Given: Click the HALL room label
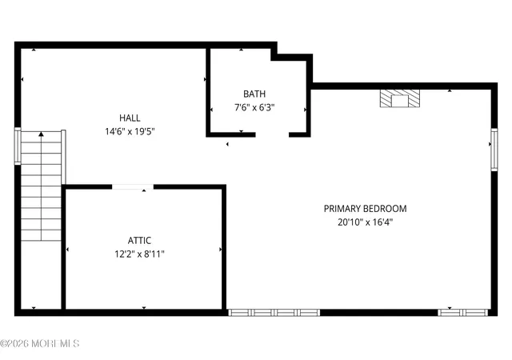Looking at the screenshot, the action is (x=130, y=118).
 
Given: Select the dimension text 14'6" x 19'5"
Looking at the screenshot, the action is (x=130, y=132).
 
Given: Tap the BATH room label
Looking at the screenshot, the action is (x=254, y=94).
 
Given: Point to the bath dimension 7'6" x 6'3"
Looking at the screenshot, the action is (x=254, y=107).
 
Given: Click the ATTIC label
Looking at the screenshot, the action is (x=139, y=241).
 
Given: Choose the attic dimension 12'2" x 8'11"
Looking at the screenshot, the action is (x=139, y=254).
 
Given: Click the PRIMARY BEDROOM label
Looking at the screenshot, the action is (x=365, y=209).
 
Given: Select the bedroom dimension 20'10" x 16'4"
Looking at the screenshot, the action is (x=365, y=222).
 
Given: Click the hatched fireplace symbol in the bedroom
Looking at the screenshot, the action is (x=400, y=98).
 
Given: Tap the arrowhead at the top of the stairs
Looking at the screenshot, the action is (x=41, y=134).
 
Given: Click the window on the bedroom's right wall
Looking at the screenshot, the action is (x=494, y=150).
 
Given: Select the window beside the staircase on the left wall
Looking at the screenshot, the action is (x=18, y=146).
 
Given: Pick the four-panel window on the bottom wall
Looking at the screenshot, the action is (x=274, y=313).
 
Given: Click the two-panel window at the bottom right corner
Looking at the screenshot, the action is (x=462, y=313).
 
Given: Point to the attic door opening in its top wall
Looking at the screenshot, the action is (x=133, y=187).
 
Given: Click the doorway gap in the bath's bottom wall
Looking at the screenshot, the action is (x=272, y=134).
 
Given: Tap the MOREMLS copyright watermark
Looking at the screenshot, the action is (x=39, y=344).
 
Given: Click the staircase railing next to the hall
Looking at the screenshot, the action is (x=63, y=157).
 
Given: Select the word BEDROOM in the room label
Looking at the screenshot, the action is (x=386, y=209).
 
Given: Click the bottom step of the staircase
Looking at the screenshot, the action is (x=41, y=235).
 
